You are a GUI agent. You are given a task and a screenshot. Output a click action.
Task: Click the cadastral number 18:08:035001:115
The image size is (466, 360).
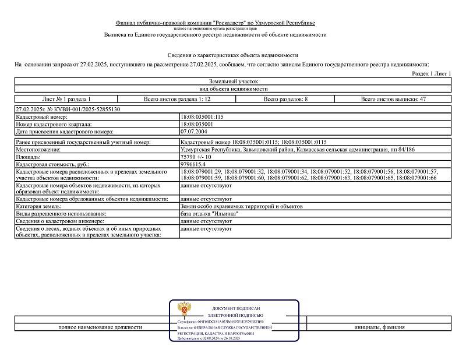click(202, 117)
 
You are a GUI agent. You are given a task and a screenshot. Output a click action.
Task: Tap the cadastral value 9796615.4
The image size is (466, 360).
click(195, 165)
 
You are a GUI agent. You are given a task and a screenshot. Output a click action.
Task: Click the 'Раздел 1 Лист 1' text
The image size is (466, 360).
click(432, 75)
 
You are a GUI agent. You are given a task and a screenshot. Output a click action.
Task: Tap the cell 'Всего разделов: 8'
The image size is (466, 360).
click(285, 99)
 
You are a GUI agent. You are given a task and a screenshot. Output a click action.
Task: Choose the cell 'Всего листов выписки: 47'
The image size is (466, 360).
click(393, 99)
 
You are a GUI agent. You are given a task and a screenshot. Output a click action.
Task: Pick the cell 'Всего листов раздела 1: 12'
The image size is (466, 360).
click(169, 99)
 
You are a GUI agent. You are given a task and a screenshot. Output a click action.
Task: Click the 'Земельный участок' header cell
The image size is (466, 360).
click(232, 82)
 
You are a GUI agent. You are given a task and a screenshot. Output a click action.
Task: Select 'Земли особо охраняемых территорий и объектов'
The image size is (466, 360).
click(242, 206)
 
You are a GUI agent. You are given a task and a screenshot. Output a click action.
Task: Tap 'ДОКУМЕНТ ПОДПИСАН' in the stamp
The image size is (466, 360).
click(236, 308)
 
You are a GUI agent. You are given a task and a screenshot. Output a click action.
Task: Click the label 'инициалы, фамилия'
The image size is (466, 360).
click(379, 327)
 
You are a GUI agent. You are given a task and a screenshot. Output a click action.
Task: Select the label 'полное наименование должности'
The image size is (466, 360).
click(100, 327)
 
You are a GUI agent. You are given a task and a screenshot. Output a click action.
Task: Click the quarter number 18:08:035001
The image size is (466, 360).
click(197, 124)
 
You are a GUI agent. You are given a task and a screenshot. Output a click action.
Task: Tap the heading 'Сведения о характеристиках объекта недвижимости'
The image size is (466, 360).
click(232, 55)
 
